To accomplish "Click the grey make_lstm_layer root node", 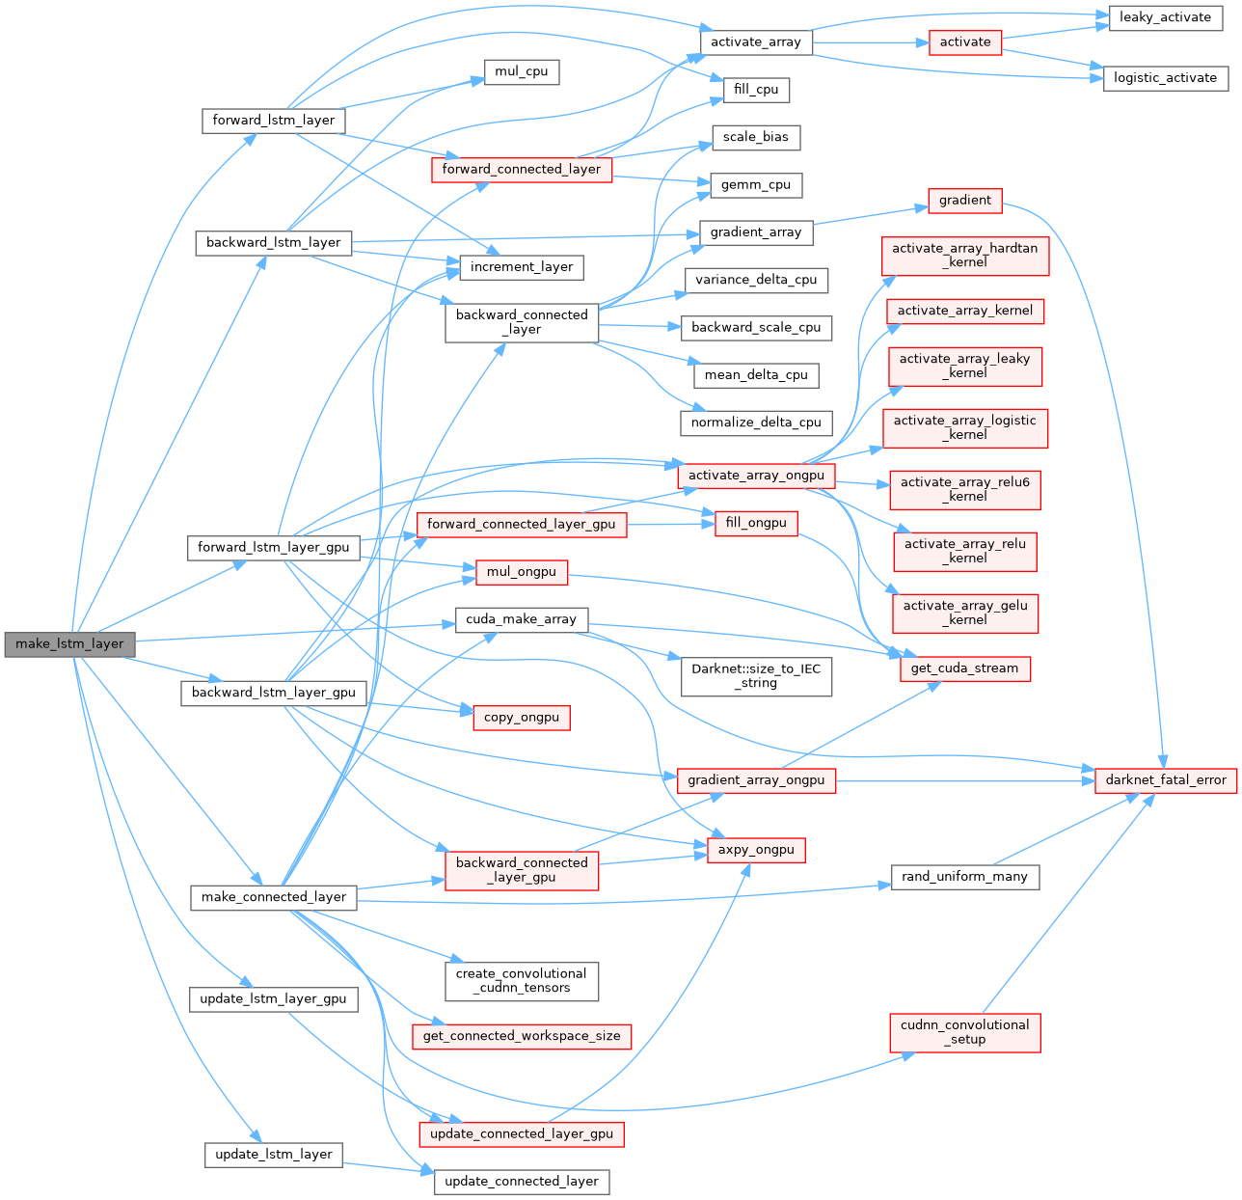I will click(x=69, y=643).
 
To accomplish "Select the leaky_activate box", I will click(x=1165, y=17).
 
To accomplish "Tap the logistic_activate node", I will click(x=1165, y=78).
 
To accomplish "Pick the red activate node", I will click(x=964, y=42).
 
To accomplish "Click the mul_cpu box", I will click(x=522, y=72).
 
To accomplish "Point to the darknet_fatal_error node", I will click(x=1165, y=780).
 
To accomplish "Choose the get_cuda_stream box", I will click(x=964, y=668).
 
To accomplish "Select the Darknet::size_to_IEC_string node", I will click(x=756, y=675).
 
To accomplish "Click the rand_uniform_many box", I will click(x=964, y=877).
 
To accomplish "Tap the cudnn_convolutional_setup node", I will click(x=964, y=1032).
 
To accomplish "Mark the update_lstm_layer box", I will click(x=274, y=1155).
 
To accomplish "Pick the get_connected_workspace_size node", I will click(x=522, y=1036).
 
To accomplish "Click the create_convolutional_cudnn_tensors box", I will click(x=522, y=980).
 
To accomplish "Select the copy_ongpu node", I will click(x=522, y=718).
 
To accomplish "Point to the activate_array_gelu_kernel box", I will click(x=964, y=613).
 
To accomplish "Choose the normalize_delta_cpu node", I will click(x=756, y=423).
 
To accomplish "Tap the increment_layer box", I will click(x=522, y=267).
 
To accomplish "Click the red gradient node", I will click(x=964, y=201).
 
